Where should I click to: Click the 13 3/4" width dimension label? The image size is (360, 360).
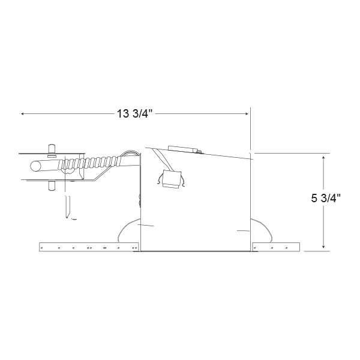(135, 113)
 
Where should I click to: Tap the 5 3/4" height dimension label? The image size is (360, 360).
(326, 198)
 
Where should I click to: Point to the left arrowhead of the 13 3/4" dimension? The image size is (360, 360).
(22, 113)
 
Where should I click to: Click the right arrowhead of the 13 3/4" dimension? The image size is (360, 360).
(247, 113)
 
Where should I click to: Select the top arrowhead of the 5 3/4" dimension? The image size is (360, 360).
(323, 157)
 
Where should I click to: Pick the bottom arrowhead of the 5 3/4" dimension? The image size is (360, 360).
(323, 247)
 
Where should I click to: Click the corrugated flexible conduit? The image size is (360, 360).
(89, 163)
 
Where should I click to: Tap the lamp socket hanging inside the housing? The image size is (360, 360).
(171, 179)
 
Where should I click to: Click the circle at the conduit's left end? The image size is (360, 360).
(35, 166)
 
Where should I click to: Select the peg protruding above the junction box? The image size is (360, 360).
(52, 149)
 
